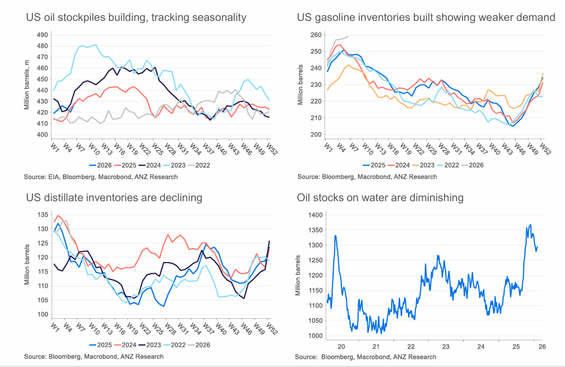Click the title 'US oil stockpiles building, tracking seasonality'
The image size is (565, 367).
click(x=136, y=17)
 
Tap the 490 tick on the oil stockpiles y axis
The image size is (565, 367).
click(x=42, y=35)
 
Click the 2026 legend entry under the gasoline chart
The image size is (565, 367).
click(x=476, y=165)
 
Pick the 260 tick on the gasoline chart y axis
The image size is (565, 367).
click(x=315, y=35)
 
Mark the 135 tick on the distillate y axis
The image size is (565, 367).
click(x=42, y=215)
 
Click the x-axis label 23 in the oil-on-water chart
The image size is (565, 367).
click(x=446, y=347)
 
